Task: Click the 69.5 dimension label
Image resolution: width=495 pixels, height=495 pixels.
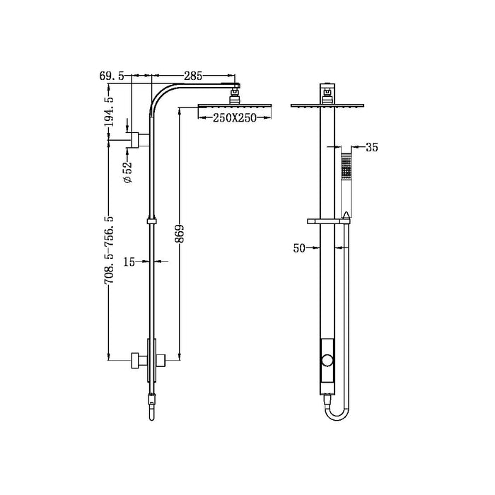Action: [112, 75]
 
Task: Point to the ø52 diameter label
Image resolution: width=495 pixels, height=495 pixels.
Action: [127, 173]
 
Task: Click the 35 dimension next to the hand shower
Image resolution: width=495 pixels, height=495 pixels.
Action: [373, 148]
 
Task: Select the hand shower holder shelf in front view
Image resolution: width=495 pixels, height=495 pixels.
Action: [329, 222]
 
